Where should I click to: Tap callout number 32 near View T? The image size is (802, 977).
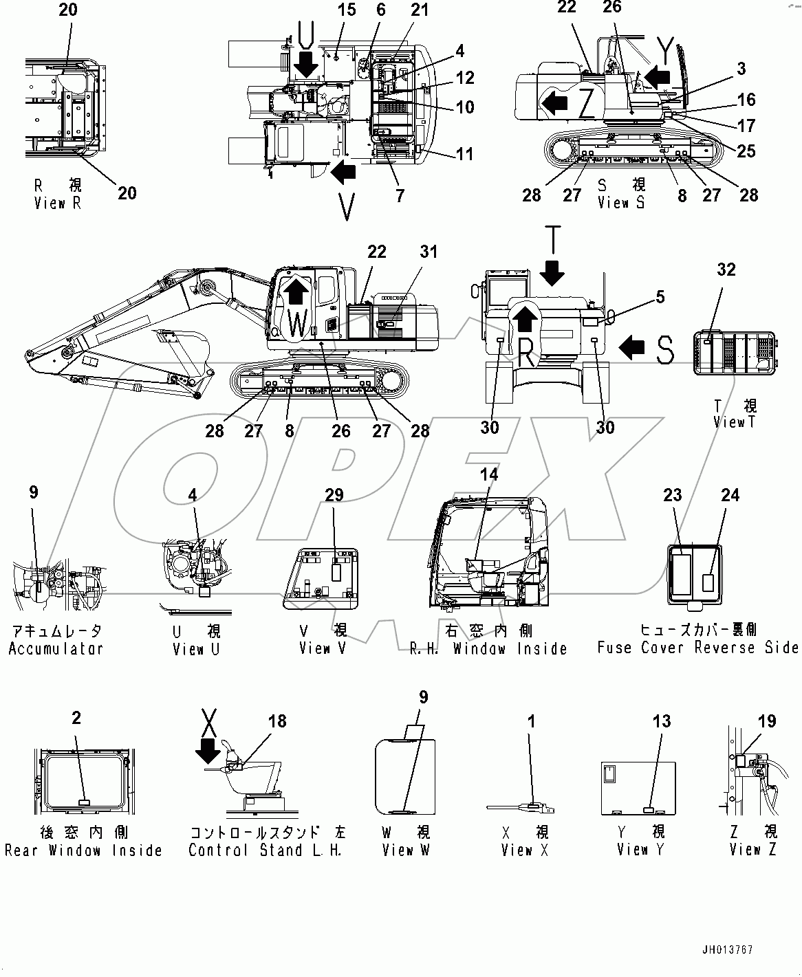tap(726, 270)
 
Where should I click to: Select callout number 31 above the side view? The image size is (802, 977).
tap(428, 253)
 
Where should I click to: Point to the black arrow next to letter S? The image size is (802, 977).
tap(631, 347)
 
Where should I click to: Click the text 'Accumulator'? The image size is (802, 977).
tap(56, 648)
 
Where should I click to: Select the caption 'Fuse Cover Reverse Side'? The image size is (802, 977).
tap(697, 648)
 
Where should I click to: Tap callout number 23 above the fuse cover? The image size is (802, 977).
tap(672, 495)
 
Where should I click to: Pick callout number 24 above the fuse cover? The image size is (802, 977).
tap(730, 495)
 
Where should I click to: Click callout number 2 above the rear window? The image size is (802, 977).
tap(76, 718)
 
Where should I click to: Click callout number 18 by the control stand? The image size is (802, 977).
tap(277, 721)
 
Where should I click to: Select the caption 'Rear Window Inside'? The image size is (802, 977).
tap(83, 850)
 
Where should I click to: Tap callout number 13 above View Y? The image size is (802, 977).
tap(661, 721)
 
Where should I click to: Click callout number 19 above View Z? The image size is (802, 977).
tap(767, 721)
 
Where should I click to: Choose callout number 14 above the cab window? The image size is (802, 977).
tap(489, 474)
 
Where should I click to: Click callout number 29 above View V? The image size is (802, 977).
tap(334, 495)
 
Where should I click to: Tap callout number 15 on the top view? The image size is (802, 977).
tap(347, 10)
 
